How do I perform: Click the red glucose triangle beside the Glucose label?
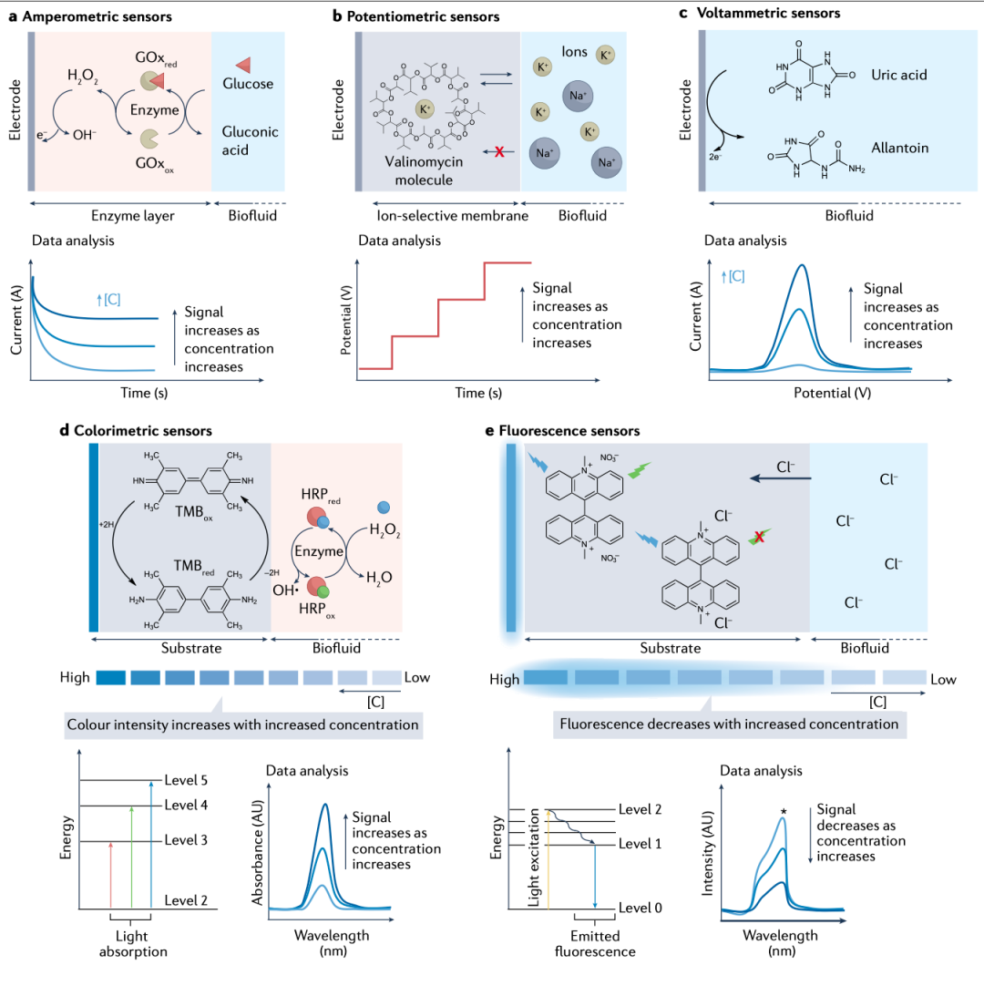click(x=244, y=64)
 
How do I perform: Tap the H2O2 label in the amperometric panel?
click(x=82, y=76)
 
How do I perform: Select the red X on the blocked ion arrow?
click(x=499, y=151)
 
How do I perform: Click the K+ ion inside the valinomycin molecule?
click(x=425, y=109)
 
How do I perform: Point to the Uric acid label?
click(x=899, y=75)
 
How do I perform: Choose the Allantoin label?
click(x=900, y=148)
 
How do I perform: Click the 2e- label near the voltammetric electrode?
click(x=715, y=157)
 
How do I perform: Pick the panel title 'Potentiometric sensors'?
click(x=423, y=16)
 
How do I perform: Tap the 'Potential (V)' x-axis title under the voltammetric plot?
click(x=833, y=393)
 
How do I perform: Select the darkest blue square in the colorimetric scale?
click(x=110, y=678)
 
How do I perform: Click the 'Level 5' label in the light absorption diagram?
click(x=186, y=780)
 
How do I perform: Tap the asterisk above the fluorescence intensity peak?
click(x=784, y=812)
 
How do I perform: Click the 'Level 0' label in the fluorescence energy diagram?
click(x=641, y=908)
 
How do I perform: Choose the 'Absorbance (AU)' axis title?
click(x=257, y=853)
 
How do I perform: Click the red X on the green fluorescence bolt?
click(x=760, y=537)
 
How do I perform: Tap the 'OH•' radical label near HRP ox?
click(x=285, y=590)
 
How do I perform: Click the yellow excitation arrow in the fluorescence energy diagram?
click(x=548, y=859)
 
